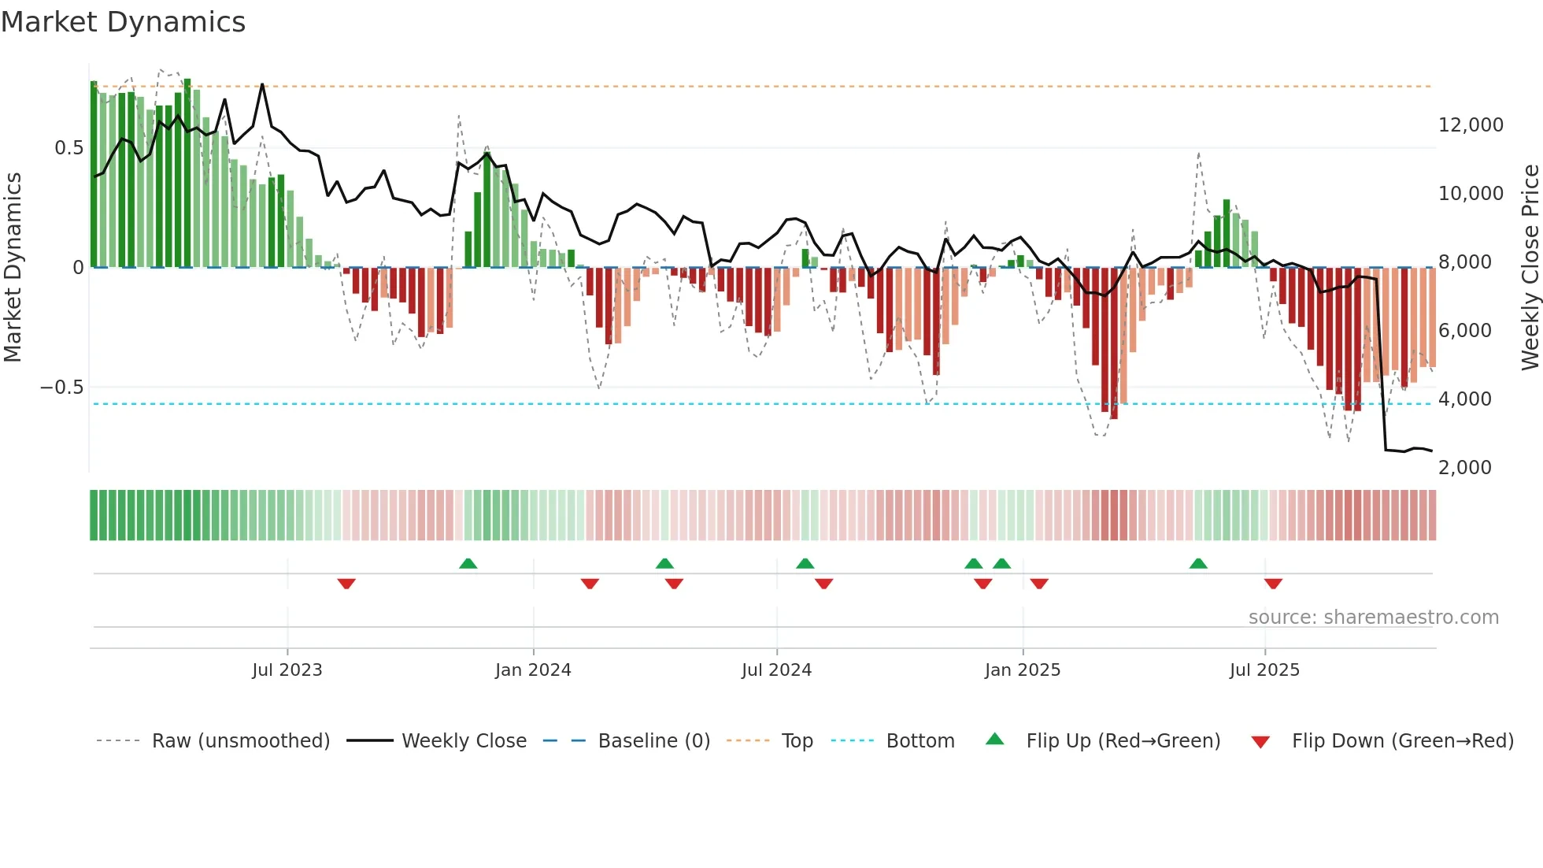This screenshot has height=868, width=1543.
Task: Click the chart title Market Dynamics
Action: pos(123,22)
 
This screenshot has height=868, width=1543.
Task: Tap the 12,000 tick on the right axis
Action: pos(1471,125)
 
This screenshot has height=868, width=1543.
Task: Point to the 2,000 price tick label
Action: pos(1464,468)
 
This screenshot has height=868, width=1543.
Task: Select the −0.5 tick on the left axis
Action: pos(61,388)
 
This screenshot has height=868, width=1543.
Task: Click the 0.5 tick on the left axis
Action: pos(68,148)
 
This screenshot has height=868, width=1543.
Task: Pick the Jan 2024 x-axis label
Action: pos(533,670)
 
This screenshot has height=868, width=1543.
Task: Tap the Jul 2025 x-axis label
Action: pos(1264,670)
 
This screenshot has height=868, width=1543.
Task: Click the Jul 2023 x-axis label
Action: pos(287,670)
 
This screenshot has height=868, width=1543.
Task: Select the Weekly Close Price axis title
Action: pos(1530,267)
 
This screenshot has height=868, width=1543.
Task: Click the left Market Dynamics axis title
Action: pos(13,267)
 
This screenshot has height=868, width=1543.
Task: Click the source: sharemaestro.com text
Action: pos(1373,618)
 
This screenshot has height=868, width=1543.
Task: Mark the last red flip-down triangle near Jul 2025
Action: pos(1273,584)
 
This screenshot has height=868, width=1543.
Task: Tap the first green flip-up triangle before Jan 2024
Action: pos(468,563)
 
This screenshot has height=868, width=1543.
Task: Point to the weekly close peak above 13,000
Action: pos(262,84)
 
